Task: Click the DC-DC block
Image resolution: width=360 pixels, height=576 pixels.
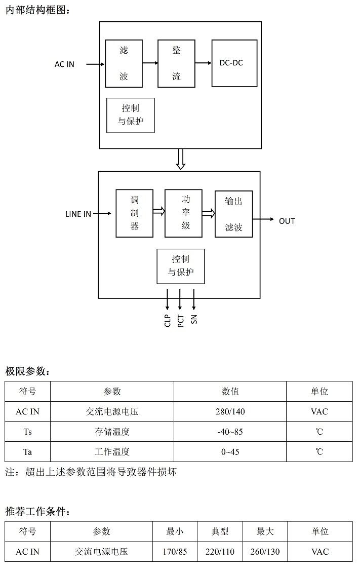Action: click(234, 63)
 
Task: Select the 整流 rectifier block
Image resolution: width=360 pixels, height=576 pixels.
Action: click(176, 63)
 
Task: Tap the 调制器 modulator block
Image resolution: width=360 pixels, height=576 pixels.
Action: click(134, 213)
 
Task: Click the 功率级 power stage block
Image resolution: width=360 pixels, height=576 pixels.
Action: click(183, 213)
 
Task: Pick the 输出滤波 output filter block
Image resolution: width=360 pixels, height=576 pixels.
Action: click(233, 214)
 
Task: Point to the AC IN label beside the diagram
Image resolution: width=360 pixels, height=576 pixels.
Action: click(64, 64)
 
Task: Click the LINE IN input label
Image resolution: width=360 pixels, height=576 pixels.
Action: click(78, 214)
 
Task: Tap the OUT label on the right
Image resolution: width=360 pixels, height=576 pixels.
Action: click(287, 221)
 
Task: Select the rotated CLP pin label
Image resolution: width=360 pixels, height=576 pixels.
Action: click(168, 320)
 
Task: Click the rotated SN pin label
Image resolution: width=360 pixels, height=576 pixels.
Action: click(194, 319)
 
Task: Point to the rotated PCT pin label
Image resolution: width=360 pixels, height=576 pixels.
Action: click(181, 320)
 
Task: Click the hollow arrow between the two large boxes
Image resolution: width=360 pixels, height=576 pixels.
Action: click(180, 159)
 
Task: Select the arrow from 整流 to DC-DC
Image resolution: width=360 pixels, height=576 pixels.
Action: click(203, 63)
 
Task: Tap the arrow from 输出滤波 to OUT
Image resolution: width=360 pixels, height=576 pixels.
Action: click(263, 220)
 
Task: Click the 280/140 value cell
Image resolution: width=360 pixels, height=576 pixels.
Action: click(230, 411)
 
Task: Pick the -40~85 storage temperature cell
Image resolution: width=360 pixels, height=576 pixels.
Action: click(230, 432)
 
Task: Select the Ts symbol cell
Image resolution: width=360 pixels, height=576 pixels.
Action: click(28, 432)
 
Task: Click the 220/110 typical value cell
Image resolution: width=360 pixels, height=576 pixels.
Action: click(220, 552)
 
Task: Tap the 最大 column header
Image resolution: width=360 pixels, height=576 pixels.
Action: click(265, 531)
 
